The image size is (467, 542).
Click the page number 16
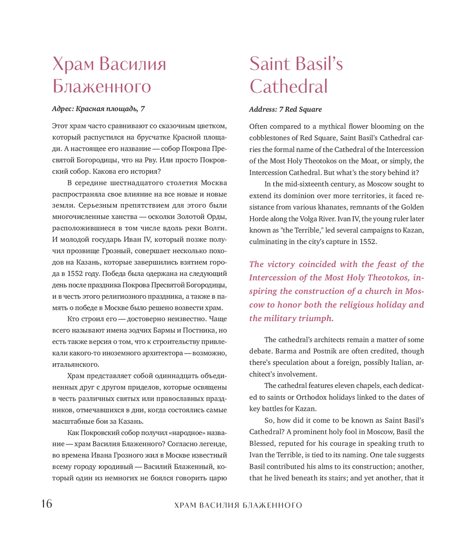click(x=46, y=504)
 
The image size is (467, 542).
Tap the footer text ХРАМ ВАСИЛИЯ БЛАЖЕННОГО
click(x=238, y=505)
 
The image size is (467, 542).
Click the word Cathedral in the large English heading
click(x=288, y=86)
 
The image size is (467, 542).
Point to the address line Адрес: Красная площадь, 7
click(x=98, y=109)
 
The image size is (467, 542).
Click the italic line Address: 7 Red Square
click(x=285, y=109)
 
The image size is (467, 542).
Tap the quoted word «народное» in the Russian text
click(x=187, y=432)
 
